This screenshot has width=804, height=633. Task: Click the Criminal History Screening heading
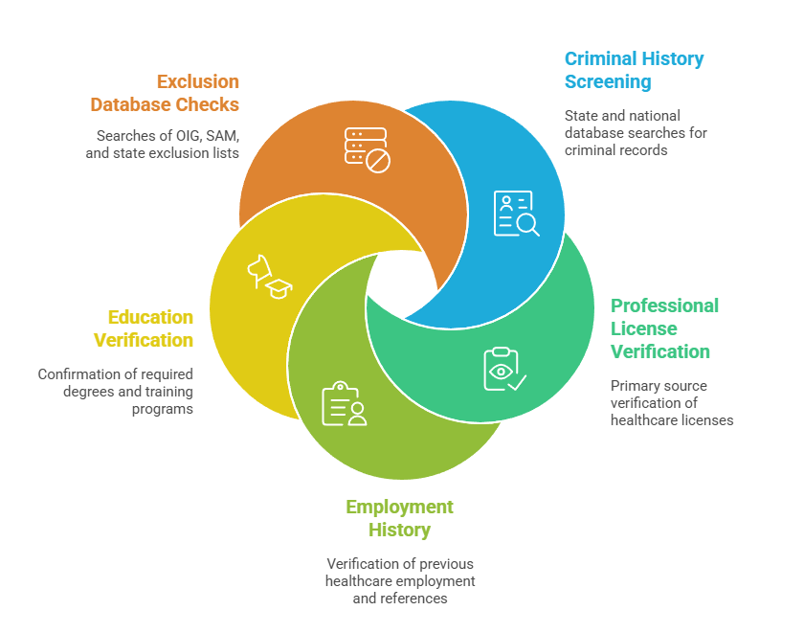coord(634,70)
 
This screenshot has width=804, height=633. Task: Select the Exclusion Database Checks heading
coord(165,93)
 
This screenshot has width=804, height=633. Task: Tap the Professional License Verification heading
coord(664,328)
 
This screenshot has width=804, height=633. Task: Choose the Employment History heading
coord(399,518)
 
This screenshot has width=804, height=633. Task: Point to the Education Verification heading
coord(143,328)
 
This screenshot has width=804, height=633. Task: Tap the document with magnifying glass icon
coord(516,214)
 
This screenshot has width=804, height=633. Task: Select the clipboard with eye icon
coord(505,369)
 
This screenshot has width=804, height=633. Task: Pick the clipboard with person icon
coord(344,404)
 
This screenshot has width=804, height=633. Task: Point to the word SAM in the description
coord(221,136)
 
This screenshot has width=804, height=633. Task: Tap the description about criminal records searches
coord(636,133)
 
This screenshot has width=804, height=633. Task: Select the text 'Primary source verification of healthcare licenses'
coord(672,402)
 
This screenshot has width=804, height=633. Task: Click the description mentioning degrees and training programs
coord(116,392)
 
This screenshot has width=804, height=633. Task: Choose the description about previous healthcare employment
coord(400,581)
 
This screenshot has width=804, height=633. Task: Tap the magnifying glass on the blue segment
coord(527,225)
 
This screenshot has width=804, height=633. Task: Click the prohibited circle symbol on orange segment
coord(378,162)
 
